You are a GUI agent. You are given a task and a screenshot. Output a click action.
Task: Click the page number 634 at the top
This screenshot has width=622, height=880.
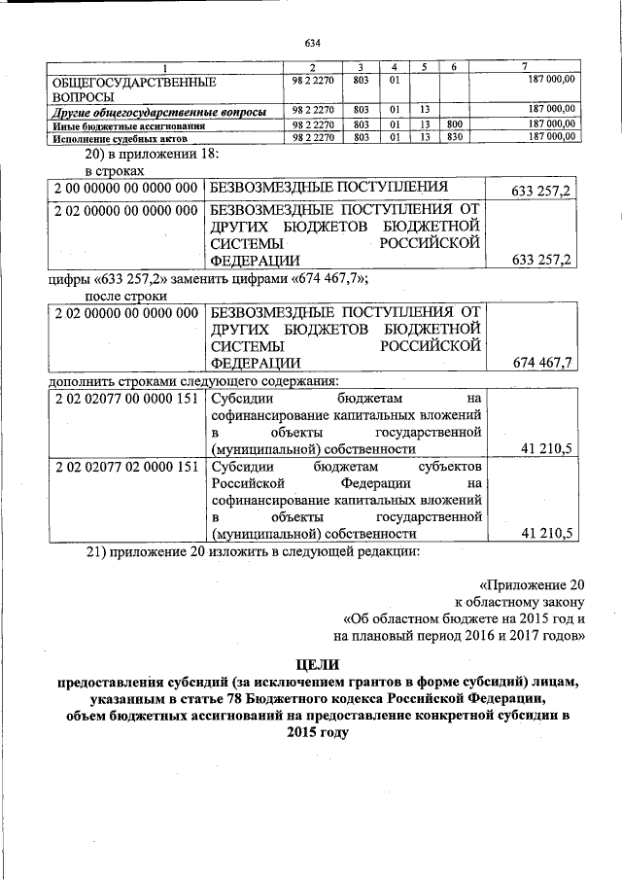(311, 44)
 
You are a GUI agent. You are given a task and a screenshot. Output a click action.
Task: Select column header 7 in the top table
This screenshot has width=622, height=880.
(525, 66)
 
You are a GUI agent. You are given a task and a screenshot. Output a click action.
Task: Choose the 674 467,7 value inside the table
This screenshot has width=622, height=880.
(541, 363)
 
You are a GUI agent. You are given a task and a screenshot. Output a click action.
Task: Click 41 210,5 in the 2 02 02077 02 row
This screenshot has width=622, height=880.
(547, 533)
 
